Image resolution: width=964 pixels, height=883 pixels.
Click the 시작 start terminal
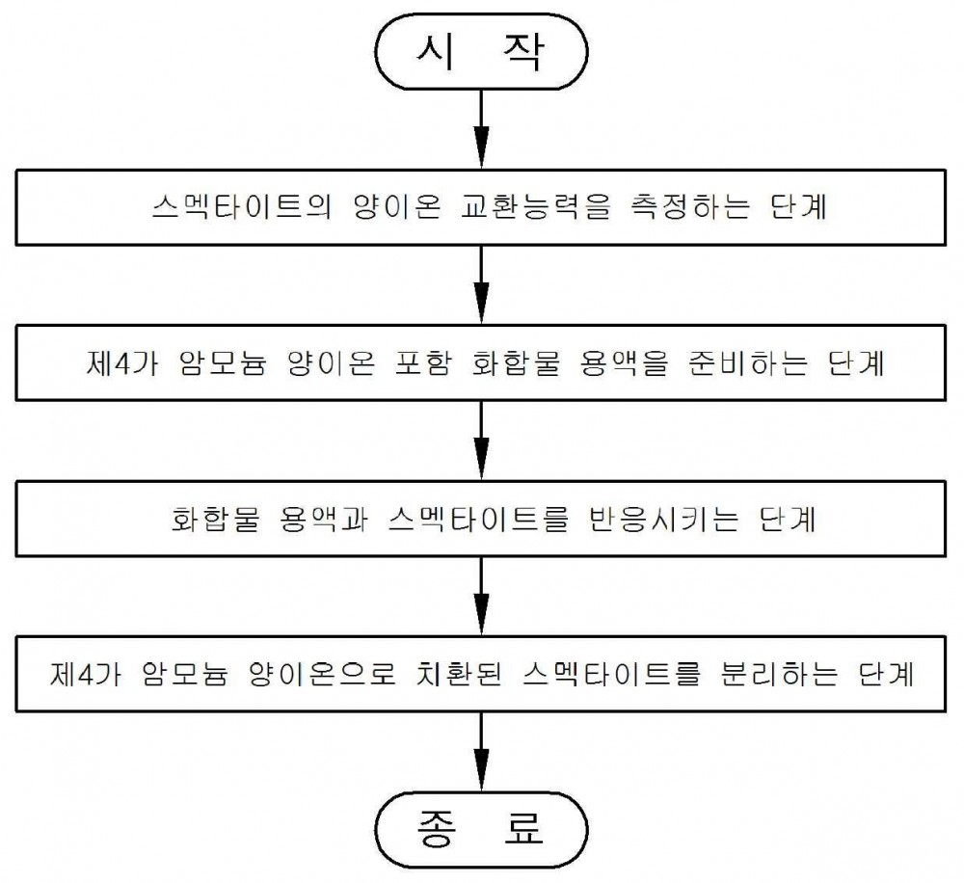tap(481, 52)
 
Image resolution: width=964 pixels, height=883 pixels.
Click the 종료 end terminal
tap(481, 830)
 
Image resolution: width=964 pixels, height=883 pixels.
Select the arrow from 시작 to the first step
tap(481, 129)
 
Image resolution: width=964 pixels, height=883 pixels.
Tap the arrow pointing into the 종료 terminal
tap(481, 751)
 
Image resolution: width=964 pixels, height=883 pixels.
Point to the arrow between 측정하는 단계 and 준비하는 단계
tap(481, 284)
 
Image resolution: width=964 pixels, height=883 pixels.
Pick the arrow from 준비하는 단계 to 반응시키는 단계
tap(481, 441)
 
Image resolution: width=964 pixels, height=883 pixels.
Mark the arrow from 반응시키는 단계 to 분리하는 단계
tap(481, 596)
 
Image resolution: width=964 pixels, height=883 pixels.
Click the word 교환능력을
tap(535, 207)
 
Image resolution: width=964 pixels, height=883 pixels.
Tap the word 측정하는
tap(690, 207)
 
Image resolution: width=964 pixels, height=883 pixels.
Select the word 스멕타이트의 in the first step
tap(242, 207)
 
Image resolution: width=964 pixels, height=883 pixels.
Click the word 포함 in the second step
tap(422, 362)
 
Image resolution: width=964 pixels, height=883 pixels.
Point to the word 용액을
tap(623, 362)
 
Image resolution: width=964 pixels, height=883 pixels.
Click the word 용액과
tap(323, 519)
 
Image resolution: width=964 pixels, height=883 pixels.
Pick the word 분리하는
tap(778, 674)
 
